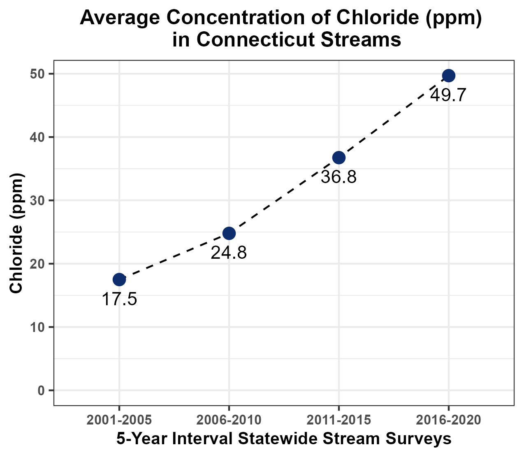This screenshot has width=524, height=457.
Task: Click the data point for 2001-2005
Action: (119, 280)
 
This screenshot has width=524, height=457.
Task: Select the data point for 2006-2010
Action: (229, 233)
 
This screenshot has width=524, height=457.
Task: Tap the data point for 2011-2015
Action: (339, 158)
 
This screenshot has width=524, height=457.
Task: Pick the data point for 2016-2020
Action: (448, 76)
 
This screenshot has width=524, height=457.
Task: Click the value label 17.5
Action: (119, 299)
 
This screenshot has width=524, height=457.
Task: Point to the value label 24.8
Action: (229, 253)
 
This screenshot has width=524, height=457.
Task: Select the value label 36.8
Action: (339, 177)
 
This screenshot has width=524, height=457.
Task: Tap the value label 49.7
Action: (448, 95)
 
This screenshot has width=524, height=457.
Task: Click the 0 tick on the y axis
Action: (41, 390)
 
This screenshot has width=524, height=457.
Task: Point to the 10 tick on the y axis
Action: (38, 327)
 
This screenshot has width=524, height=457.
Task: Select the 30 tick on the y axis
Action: (38, 200)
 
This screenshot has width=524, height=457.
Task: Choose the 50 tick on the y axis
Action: (38, 74)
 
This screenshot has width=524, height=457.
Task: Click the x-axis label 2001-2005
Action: (119, 420)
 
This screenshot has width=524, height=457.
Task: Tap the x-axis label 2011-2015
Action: (339, 420)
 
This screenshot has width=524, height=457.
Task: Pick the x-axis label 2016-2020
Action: (448, 420)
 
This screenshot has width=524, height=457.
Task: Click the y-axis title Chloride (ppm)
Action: (16, 233)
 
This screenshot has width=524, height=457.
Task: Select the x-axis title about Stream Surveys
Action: (284, 439)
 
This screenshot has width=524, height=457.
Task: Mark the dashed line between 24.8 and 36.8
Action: (284, 195)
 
